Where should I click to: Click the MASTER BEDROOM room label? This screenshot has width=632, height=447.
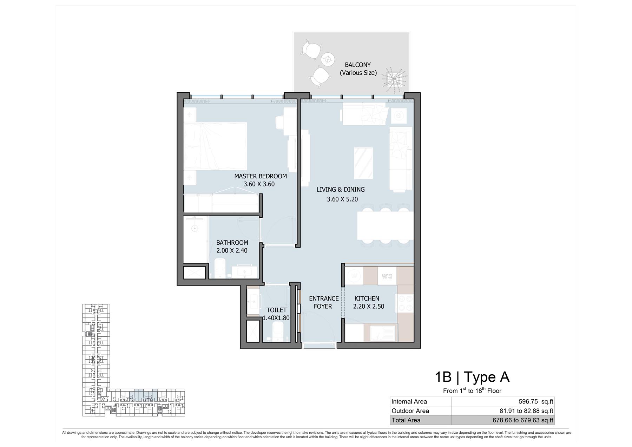coord(261,176)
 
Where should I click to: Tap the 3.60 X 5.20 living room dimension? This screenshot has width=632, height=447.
coord(342,199)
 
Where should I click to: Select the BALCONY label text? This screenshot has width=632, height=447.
coord(358,65)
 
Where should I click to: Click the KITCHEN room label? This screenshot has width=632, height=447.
coord(367,298)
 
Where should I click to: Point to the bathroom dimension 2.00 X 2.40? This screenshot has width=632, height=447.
coord(232,251)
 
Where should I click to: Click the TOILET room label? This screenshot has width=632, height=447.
coord(276,310)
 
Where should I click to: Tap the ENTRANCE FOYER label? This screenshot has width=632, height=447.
coord(324,302)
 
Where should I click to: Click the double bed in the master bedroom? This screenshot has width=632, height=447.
coord(215,146)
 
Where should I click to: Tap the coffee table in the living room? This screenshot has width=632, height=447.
coord(363,163)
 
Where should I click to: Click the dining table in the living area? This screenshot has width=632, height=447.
coord(385,225)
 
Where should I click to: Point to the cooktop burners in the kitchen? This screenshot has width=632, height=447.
coord(405,303)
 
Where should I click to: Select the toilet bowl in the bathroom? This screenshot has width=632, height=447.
coord(220,268)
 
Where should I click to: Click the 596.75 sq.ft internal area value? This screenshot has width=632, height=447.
coord(536,402)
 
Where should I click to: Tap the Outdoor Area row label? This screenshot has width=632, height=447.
coord(410,411)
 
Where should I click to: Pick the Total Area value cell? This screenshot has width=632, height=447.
coord(503,420)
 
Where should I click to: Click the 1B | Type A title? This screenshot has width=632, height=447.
coord(472,377)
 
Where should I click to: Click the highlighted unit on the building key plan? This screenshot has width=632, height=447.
coord(143,395)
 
